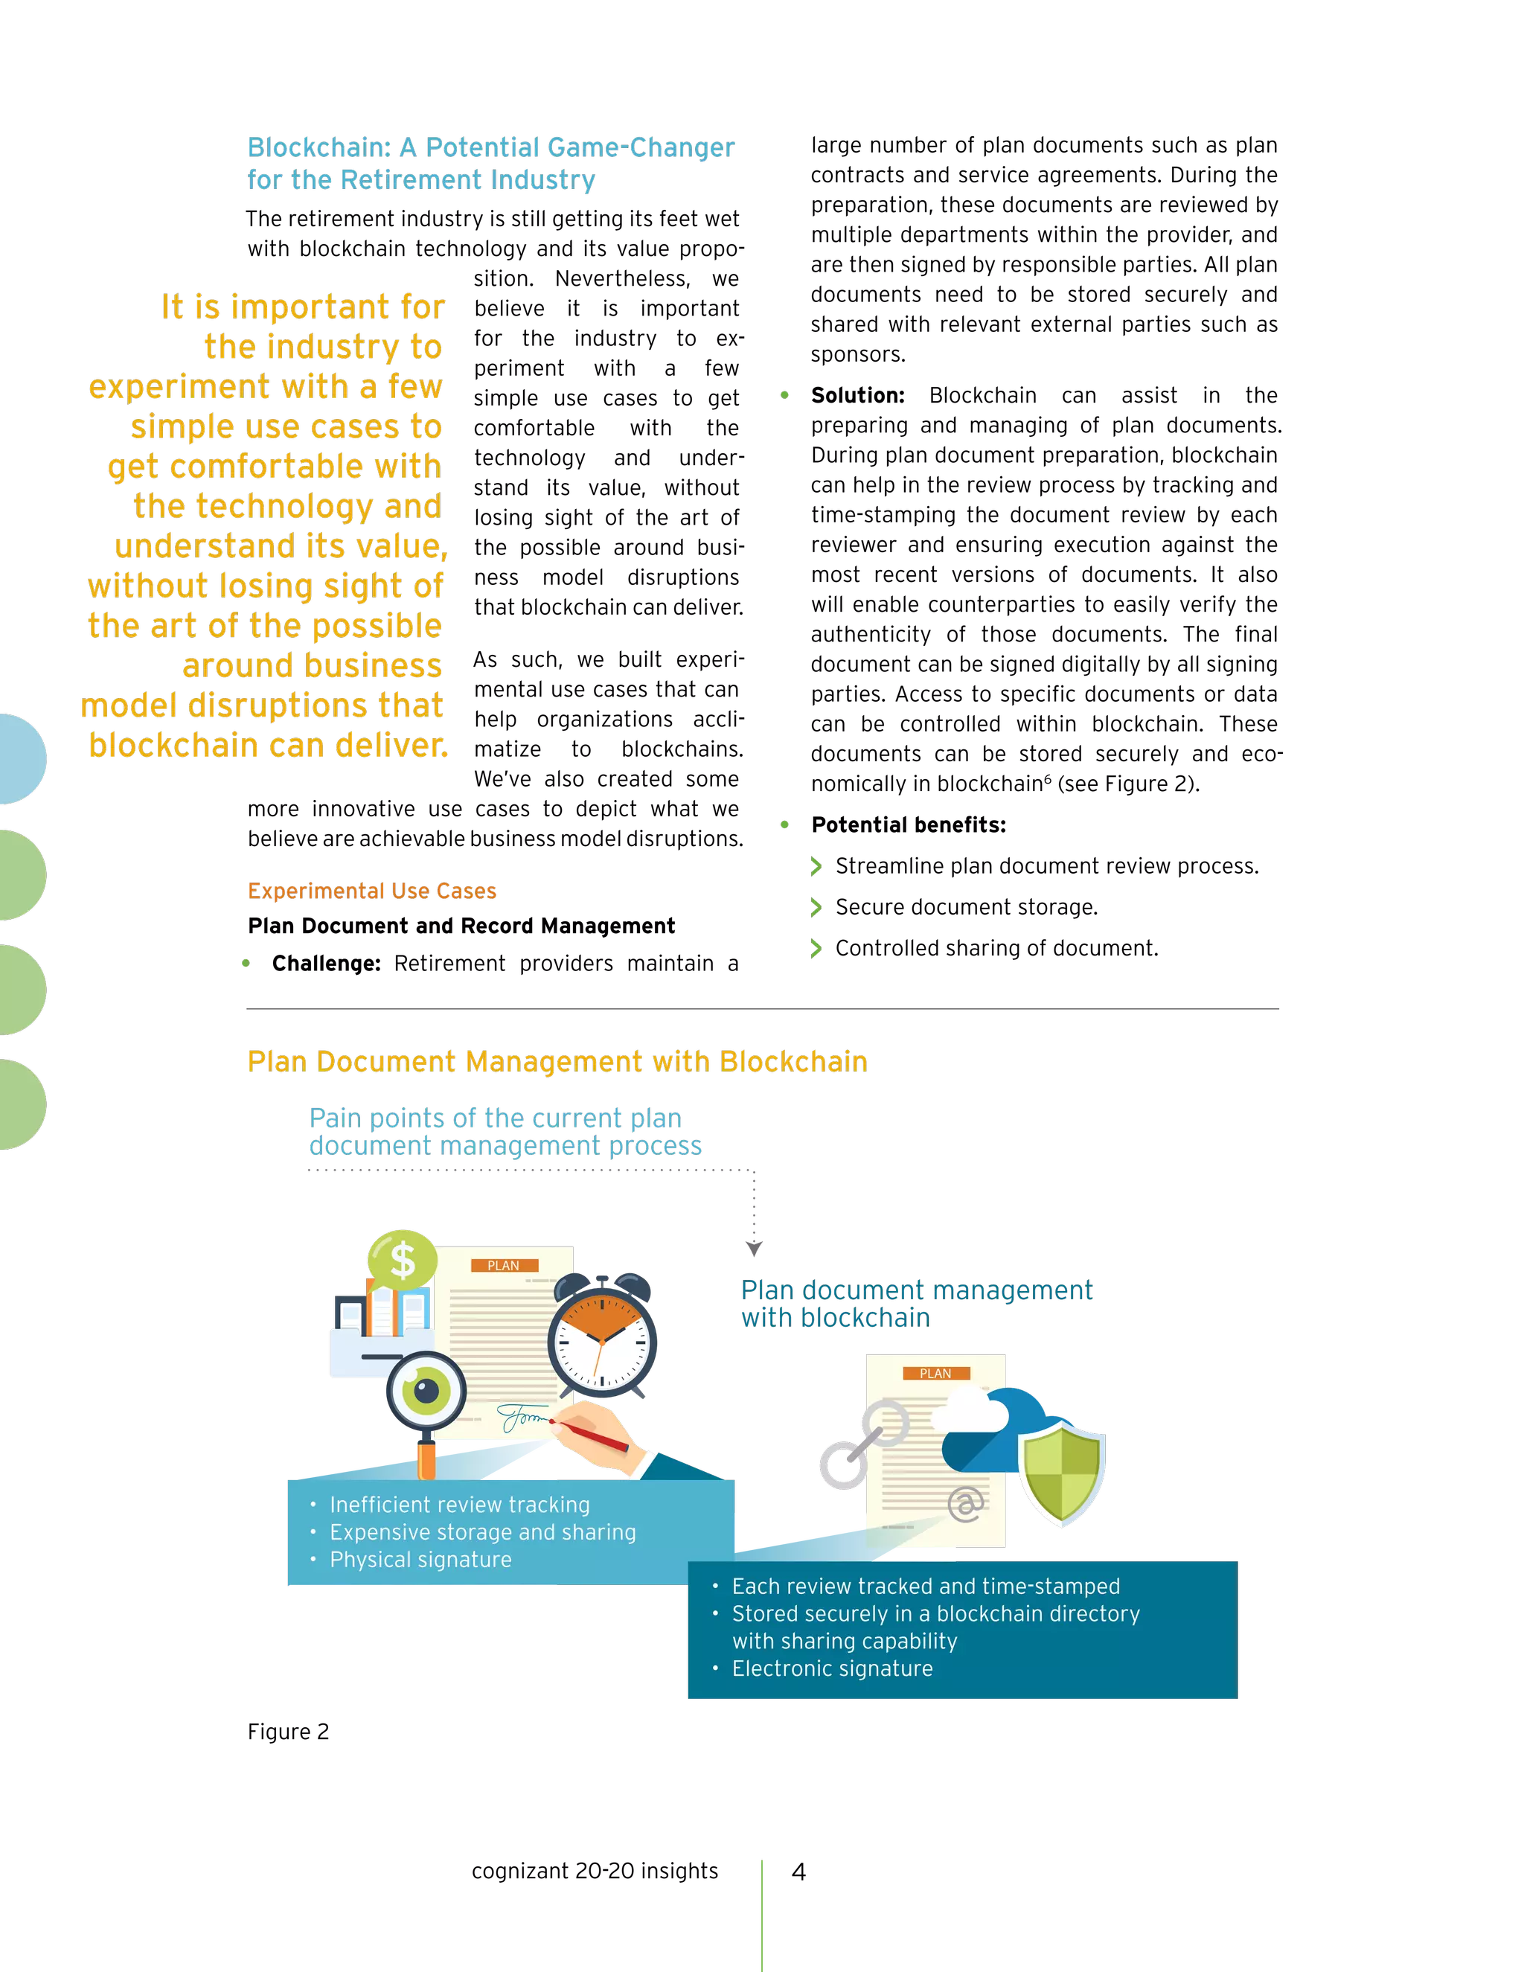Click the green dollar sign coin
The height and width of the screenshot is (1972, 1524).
click(402, 1260)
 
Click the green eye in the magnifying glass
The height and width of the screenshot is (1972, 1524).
click(426, 1391)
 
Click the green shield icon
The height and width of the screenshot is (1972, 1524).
click(1062, 1473)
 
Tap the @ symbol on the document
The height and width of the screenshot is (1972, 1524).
click(965, 1504)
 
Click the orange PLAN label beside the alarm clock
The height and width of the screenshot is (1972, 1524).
click(504, 1266)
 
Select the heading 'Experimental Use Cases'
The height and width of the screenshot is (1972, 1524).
click(372, 891)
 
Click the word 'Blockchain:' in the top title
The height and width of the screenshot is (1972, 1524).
click(318, 147)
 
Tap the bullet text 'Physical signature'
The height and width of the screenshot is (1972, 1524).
click(420, 1559)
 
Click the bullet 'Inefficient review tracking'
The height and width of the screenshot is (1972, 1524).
click(460, 1504)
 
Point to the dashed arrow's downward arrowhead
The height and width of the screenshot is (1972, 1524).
click(754, 1248)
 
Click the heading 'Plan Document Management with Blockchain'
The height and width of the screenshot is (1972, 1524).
click(557, 1061)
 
